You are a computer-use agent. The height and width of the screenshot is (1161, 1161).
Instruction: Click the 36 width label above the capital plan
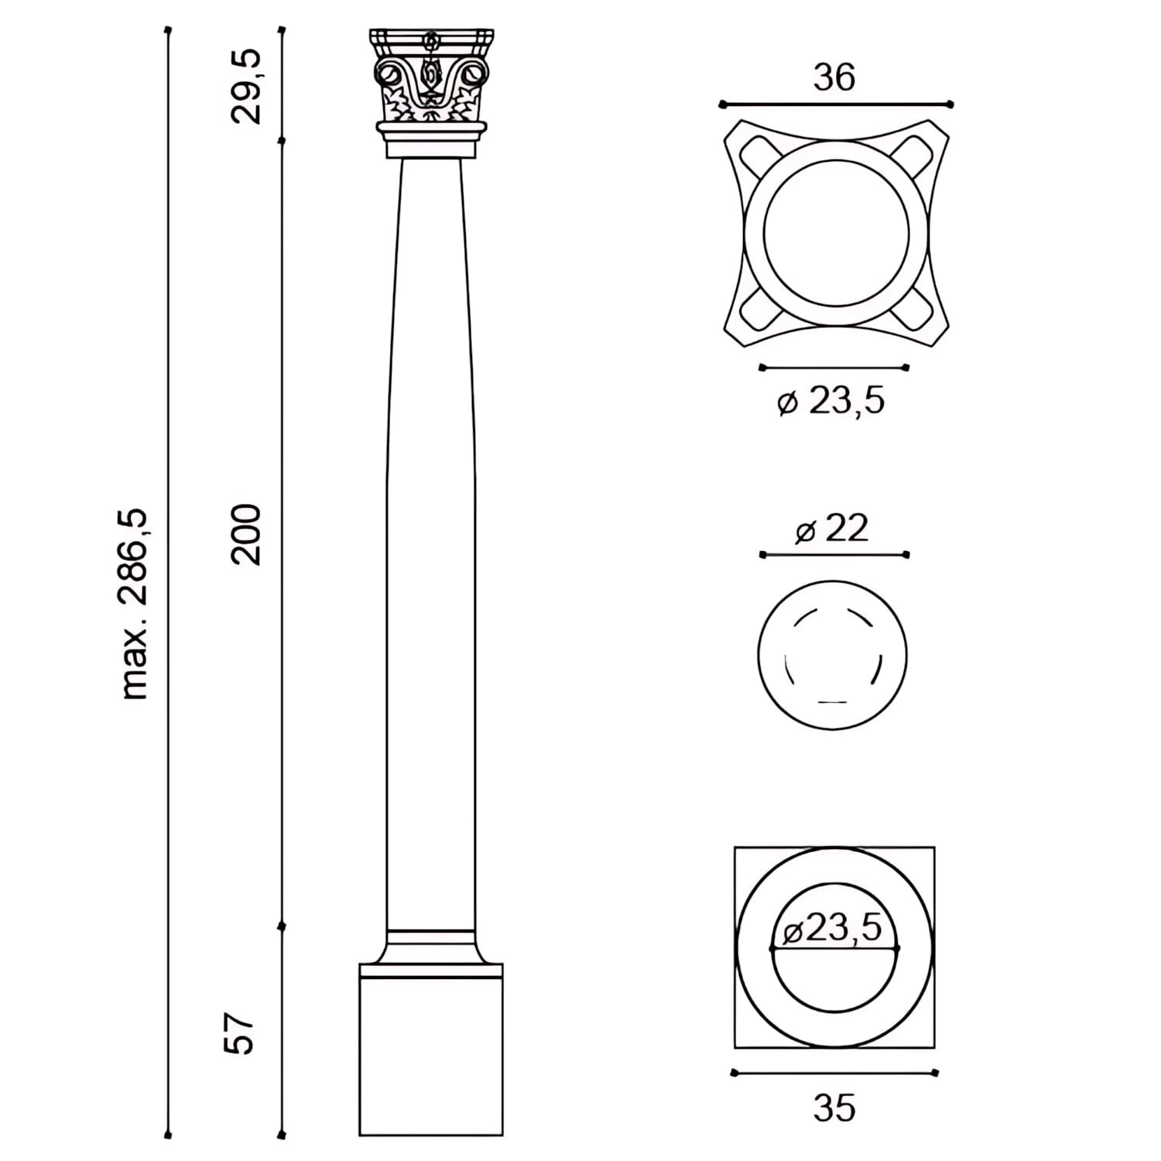[834, 78]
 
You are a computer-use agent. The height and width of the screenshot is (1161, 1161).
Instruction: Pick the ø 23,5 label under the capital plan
[831, 402]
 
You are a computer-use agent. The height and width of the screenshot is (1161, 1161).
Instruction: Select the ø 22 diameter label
[832, 529]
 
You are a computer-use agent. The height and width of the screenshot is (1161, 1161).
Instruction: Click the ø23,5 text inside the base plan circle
[833, 927]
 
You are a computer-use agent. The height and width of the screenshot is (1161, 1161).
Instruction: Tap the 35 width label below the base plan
[834, 1108]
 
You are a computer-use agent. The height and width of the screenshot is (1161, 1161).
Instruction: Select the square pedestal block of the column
[431, 1057]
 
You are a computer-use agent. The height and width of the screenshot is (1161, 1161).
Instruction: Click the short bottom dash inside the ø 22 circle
[831, 702]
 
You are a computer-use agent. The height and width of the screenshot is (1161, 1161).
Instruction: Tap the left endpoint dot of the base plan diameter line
[772, 948]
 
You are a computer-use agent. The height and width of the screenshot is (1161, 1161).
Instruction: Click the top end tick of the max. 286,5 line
[168, 31]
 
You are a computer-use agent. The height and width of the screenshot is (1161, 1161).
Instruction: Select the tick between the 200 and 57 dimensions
[282, 926]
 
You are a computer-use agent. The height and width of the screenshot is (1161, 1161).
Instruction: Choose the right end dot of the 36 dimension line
[950, 104]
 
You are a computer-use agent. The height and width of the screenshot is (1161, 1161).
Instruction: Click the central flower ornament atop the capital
[430, 42]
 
